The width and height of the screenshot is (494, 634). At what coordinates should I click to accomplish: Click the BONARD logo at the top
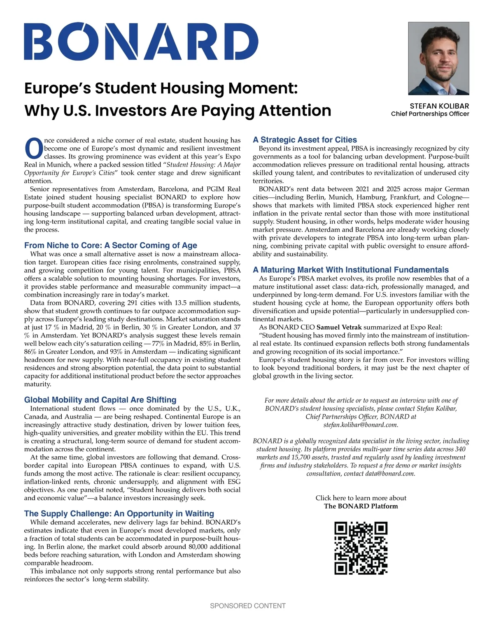point(141,41)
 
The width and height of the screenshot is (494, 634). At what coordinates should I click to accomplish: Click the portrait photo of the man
point(438,58)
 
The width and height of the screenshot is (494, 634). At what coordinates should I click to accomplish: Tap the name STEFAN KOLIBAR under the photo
point(439,106)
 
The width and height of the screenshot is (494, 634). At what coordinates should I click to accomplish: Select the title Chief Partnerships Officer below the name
point(430,114)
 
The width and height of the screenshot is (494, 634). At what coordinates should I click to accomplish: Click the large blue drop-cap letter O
point(34,149)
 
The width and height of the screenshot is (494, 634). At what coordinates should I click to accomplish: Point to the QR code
point(361,548)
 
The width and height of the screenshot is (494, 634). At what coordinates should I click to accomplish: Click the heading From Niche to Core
point(110,246)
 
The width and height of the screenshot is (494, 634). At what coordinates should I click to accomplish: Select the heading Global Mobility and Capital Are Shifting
point(100,400)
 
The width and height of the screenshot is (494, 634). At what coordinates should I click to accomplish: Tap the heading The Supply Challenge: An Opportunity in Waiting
point(119,513)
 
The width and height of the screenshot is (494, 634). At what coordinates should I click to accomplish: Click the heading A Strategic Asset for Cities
point(305,140)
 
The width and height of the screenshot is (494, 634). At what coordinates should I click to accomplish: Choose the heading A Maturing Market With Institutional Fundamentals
point(351,270)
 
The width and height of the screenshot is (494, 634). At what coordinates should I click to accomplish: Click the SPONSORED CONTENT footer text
point(247,606)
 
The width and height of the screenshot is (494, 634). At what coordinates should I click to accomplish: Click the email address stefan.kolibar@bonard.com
point(361,425)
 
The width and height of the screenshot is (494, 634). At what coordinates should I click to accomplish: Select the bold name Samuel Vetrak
point(339,327)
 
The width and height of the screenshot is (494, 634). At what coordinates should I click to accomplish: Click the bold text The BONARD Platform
point(361,506)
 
